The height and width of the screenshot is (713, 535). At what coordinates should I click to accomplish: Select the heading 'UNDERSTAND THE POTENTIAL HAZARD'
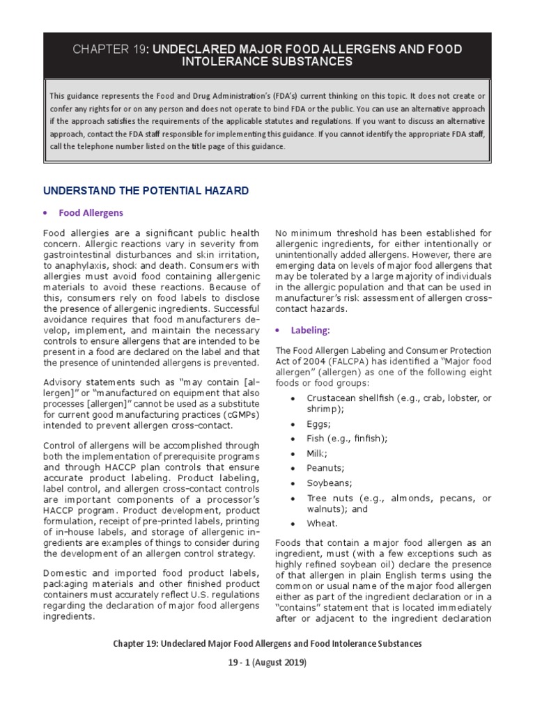point(146,190)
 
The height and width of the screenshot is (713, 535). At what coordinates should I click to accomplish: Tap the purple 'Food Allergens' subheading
point(91,213)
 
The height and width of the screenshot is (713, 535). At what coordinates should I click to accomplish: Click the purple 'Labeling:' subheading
point(310,330)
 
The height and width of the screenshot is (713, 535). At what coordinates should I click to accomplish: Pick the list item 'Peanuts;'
point(325,468)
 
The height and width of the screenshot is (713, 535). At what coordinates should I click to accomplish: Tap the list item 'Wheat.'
point(322,523)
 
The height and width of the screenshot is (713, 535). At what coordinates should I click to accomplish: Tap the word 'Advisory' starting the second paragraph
point(63,382)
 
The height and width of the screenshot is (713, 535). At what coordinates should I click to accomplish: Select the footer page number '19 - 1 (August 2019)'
point(267,662)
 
